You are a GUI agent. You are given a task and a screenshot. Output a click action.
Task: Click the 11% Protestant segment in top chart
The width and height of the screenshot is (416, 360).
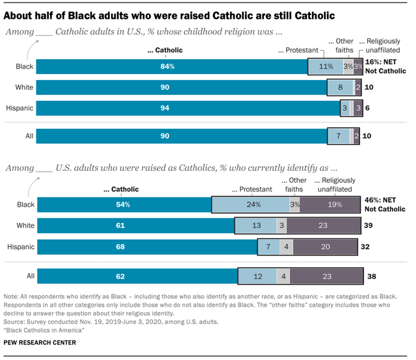[x=325, y=66]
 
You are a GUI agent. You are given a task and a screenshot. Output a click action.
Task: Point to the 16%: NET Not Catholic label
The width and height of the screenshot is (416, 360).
[x=384, y=66]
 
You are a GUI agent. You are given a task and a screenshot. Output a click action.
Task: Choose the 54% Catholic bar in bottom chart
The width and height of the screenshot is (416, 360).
[x=124, y=205]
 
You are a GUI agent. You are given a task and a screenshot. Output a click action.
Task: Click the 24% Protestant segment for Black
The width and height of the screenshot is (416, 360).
[x=250, y=205]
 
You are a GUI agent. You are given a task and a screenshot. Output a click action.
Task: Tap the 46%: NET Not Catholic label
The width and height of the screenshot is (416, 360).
[x=384, y=205]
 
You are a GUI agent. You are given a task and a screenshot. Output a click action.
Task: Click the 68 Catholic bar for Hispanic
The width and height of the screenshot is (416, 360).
[x=148, y=247]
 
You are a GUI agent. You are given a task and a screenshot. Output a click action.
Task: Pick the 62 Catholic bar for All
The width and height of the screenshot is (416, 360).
[x=137, y=276]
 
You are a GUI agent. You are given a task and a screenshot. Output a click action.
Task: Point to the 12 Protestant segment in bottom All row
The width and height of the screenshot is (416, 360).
[x=257, y=276]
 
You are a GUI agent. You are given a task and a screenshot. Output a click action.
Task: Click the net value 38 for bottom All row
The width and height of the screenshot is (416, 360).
[x=371, y=276]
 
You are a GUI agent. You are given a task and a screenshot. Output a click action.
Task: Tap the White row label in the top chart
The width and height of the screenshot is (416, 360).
[x=24, y=87]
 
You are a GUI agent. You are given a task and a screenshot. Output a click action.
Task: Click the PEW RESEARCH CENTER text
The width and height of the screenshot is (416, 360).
[x=40, y=342]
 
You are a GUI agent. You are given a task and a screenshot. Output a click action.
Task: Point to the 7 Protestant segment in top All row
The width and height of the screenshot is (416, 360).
[x=339, y=136]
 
